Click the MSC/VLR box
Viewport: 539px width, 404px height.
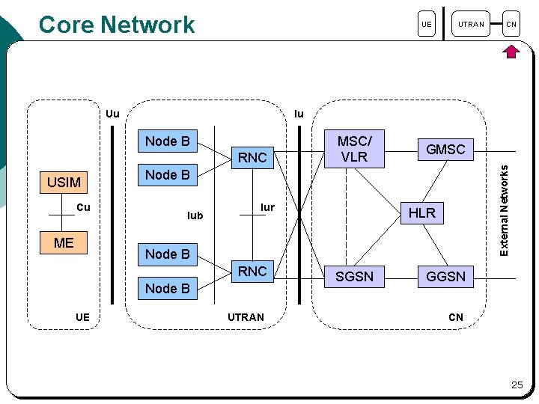[353, 148]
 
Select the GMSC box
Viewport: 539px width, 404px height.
[445, 150]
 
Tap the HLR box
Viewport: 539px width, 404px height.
[421, 212]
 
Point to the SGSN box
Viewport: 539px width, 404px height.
[354, 276]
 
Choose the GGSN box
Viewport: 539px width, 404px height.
[445, 276]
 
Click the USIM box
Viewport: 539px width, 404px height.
[64, 182]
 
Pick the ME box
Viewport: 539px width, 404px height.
[64, 242]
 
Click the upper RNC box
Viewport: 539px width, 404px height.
[252, 158]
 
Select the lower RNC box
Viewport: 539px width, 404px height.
[252, 271]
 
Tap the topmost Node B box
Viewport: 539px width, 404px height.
[167, 141]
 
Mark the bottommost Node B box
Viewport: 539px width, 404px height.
[167, 288]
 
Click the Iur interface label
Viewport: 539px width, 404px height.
[267, 207]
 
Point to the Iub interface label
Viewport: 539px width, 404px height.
[195, 215]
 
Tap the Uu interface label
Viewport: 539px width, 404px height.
[112, 114]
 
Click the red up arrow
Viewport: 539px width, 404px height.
[511, 52]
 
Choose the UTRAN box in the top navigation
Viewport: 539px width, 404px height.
[472, 25]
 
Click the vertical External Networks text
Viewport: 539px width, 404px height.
[505, 210]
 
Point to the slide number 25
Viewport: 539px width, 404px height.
[517, 385]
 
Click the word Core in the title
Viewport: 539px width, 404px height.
[66, 25]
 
